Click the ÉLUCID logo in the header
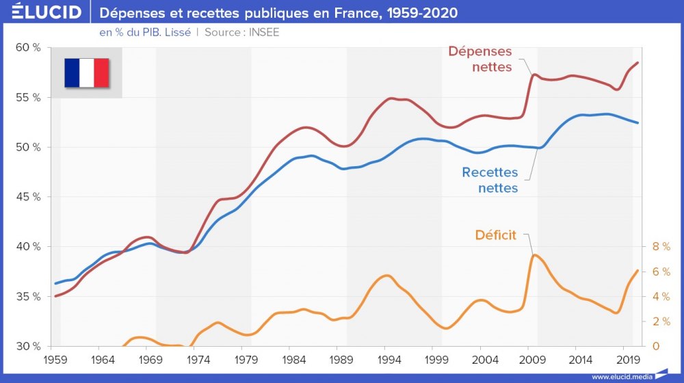coord(42,12)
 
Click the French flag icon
coord(87,73)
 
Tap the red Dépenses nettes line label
coord(480,60)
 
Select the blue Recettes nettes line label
coord(490,180)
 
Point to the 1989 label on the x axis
coord(341,359)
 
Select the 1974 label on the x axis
coord(198,359)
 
